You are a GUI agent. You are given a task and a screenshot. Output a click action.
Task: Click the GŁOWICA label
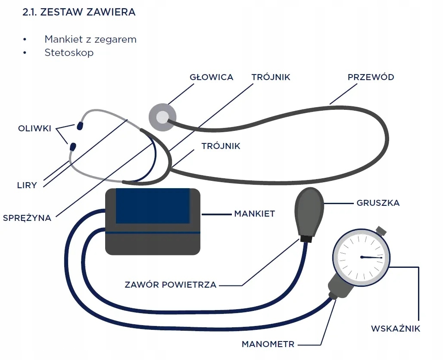pyautogui.click(x=211, y=78)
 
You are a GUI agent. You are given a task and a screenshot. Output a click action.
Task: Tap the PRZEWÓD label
pyautogui.click(x=371, y=78)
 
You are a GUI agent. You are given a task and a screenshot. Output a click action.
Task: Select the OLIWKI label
pyautogui.click(x=35, y=128)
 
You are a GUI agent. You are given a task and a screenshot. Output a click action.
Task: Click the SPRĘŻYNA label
pyautogui.click(x=27, y=218)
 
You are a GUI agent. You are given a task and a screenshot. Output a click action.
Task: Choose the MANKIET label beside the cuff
pyautogui.click(x=254, y=214)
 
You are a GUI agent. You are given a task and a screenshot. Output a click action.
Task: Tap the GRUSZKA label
pyautogui.click(x=378, y=203)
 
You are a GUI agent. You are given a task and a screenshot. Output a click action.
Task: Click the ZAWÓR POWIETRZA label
pyautogui.click(x=170, y=285)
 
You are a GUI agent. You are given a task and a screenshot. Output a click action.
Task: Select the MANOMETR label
pyautogui.click(x=268, y=344)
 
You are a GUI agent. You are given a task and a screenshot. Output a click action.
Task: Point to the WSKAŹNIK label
pyautogui.click(x=395, y=329)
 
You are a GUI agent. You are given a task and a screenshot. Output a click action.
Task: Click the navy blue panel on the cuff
pyautogui.click(x=153, y=206)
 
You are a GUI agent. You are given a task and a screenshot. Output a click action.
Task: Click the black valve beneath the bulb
pyautogui.click(x=306, y=239)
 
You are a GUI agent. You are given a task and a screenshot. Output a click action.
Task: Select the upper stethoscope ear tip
pyautogui.click(x=80, y=126)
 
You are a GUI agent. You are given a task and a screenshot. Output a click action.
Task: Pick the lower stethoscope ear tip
pyautogui.click(x=72, y=147)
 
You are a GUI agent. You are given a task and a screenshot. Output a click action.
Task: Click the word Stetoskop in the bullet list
pyautogui.click(x=69, y=53)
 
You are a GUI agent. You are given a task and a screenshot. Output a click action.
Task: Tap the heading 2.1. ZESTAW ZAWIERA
pyautogui.click(x=79, y=12)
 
